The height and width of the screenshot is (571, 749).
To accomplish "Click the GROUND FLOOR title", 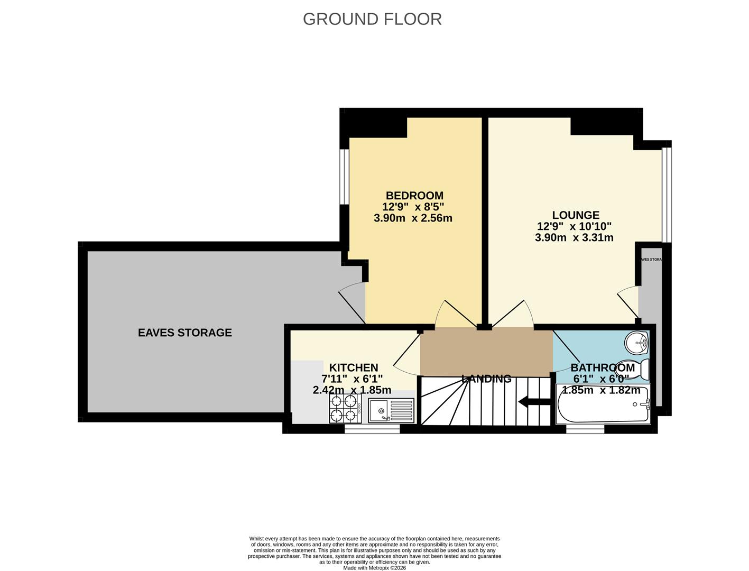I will (372, 19).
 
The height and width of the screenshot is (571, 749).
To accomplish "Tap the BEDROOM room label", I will (414, 196).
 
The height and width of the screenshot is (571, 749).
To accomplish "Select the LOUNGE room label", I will (576, 215).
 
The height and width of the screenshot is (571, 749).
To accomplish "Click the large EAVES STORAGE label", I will (184, 333).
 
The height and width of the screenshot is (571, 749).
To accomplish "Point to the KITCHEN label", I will (354, 367).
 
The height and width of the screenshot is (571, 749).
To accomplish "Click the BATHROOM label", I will (603, 367).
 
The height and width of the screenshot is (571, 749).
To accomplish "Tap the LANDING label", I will (486, 379).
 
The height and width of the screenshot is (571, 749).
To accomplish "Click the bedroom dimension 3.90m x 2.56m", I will (413, 218).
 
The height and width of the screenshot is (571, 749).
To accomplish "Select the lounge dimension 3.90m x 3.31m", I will (574, 237).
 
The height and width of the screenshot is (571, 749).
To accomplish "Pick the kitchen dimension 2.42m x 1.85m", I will (352, 390).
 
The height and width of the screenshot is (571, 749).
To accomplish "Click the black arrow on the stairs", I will (534, 402).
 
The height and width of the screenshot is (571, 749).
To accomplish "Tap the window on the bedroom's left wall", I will (345, 177).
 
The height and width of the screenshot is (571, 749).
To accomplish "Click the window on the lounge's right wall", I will (667, 195).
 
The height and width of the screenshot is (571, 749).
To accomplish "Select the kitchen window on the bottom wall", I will (372, 430).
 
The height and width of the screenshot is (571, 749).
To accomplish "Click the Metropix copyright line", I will (374, 568).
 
